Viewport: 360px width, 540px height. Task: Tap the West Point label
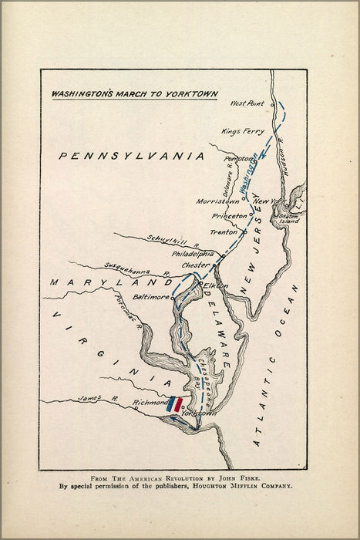[247, 103]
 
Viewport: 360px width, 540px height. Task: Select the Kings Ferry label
[242, 131]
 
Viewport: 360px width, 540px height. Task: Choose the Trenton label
[224, 232]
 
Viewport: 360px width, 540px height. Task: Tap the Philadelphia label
[193, 253]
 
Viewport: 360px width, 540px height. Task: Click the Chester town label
[195, 266]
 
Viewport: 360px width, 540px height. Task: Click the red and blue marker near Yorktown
[176, 403]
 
